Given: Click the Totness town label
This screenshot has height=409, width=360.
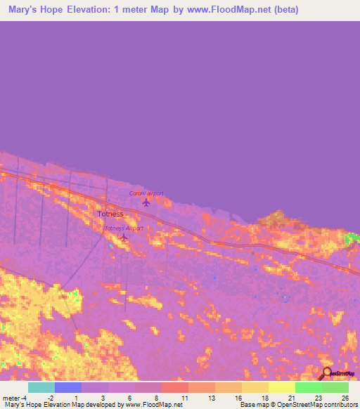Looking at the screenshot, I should coord(110,214).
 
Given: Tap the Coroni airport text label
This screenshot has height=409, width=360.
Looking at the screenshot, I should coord(146,193).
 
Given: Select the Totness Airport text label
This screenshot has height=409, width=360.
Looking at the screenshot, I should coord(124,228).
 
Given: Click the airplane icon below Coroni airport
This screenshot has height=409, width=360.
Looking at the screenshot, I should coord(146,202).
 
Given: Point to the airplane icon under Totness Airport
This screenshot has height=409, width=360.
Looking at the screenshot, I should coord(124,238).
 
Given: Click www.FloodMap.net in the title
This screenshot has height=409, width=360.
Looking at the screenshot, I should coord(228,10).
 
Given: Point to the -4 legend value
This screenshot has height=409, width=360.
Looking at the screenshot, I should coord(25,398).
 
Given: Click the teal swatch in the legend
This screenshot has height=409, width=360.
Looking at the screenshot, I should coord(41,387).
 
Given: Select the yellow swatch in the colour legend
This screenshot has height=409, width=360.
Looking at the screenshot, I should coord(281,387).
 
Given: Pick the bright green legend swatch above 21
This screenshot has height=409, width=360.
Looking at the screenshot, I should coord(308,387).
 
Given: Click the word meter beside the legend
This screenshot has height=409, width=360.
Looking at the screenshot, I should coord(11,398).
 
